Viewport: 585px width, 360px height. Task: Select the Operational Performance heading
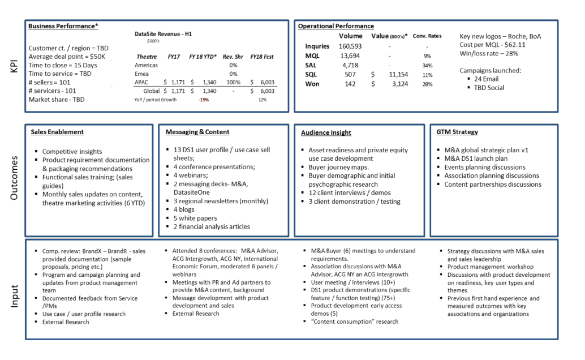pyautogui.click(x=335, y=26)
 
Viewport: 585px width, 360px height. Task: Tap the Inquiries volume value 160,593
pyautogui.click(x=350, y=46)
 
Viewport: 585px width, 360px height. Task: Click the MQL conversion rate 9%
pyautogui.click(x=427, y=56)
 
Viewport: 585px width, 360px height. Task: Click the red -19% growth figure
pyautogui.click(x=204, y=100)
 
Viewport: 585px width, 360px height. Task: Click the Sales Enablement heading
pyautogui.click(x=57, y=132)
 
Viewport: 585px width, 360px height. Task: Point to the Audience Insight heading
pyautogui.click(x=326, y=132)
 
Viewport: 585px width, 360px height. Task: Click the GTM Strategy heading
pyautogui.click(x=457, y=132)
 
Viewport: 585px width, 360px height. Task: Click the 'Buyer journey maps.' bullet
pyautogui.click(x=338, y=168)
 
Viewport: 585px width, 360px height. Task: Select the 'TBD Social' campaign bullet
pyautogui.click(x=489, y=88)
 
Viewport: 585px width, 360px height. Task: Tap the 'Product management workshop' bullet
pyautogui.click(x=490, y=267)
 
